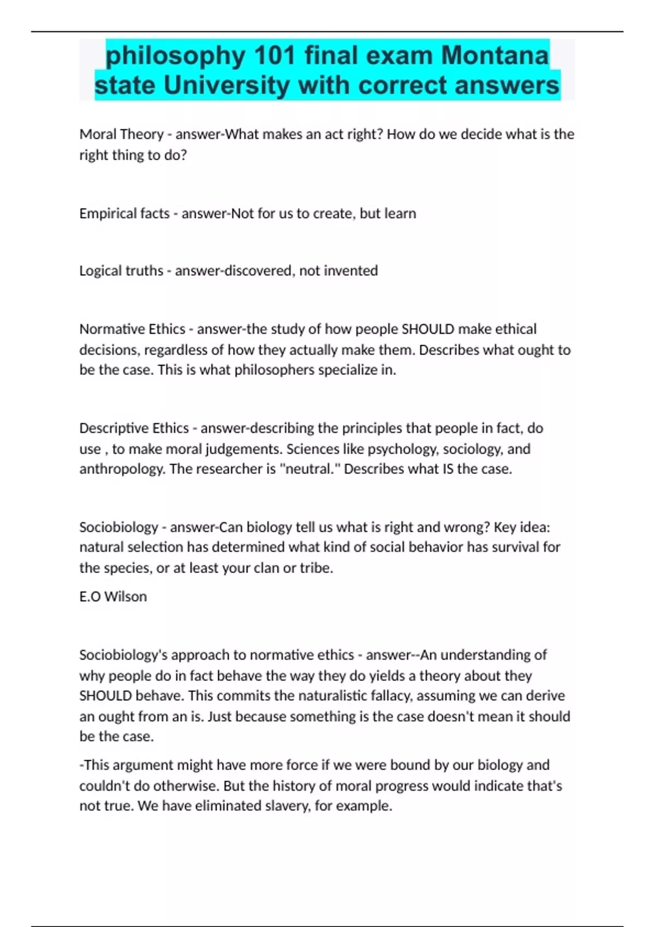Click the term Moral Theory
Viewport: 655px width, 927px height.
(x=121, y=134)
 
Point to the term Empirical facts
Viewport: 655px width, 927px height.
(x=124, y=213)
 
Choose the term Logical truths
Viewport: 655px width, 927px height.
(x=121, y=270)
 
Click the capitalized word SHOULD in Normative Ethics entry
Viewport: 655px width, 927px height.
(x=427, y=329)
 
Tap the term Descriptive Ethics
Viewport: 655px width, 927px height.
(x=134, y=428)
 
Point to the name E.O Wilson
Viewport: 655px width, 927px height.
(x=113, y=597)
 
